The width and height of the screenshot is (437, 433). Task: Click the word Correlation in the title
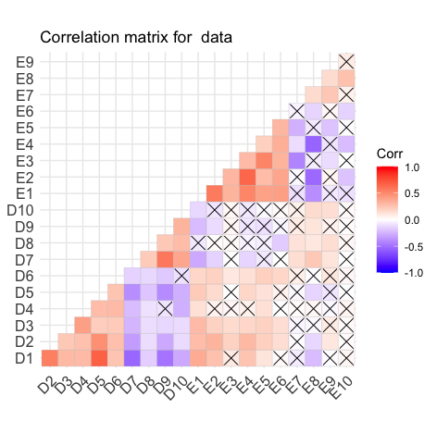click(x=80, y=37)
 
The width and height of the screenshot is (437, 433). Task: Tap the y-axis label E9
click(x=25, y=62)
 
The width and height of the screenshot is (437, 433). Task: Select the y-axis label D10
click(x=20, y=210)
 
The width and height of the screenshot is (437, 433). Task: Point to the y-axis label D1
click(x=24, y=358)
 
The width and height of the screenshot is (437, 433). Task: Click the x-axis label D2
click(x=47, y=385)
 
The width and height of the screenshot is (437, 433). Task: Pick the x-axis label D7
click(x=130, y=385)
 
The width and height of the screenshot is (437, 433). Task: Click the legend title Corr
click(x=390, y=154)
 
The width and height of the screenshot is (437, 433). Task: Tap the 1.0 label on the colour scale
click(x=412, y=167)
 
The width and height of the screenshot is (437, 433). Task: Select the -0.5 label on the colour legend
click(x=413, y=247)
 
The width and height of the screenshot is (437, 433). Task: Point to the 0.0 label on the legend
click(x=412, y=220)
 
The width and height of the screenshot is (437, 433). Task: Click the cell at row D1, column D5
click(x=99, y=358)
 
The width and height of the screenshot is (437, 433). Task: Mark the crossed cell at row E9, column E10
click(x=346, y=62)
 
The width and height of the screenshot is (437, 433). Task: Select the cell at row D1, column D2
click(x=50, y=358)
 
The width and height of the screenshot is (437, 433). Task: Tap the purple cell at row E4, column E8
click(x=313, y=144)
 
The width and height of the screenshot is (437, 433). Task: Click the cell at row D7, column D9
click(x=165, y=259)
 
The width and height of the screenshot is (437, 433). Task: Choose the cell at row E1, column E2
click(x=215, y=193)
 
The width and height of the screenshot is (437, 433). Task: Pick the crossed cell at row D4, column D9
click(x=165, y=309)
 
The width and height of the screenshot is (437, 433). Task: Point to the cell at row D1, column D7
click(x=132, y=358)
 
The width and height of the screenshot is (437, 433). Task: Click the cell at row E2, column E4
click(x=247, y=177)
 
